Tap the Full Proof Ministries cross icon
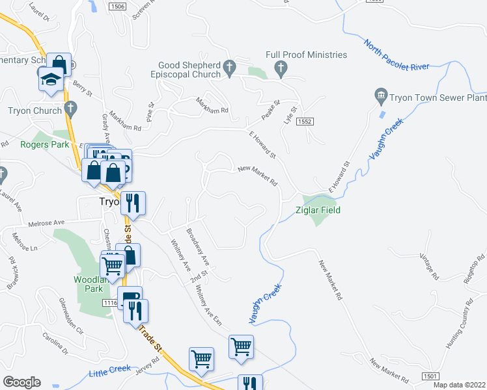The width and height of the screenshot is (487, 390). point(280,68)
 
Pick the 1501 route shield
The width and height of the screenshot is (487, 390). point(430,376)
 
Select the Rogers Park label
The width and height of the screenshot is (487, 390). point(44,144)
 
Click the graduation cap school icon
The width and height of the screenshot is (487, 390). point(49,79)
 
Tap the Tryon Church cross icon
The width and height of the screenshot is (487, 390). point(70,107)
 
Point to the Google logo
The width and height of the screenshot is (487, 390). point(21,382)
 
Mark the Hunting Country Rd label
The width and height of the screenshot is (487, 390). point(458,325)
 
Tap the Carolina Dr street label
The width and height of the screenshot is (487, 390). point(55,343)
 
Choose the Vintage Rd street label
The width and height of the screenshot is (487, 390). point(430,265)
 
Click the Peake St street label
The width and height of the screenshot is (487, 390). point(270,108)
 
